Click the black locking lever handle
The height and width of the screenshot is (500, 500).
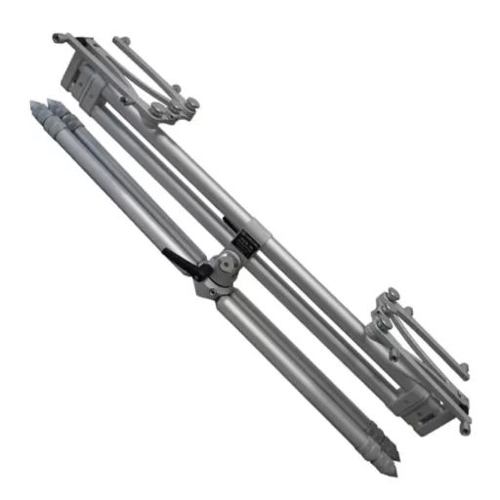pos(182,262)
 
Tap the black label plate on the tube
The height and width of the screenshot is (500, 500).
pos(245,240)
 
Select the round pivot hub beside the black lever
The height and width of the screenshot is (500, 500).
pos(223,265)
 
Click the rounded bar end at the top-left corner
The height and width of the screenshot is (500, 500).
pos(58,39)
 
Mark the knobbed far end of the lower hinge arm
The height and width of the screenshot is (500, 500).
pos(463,369)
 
